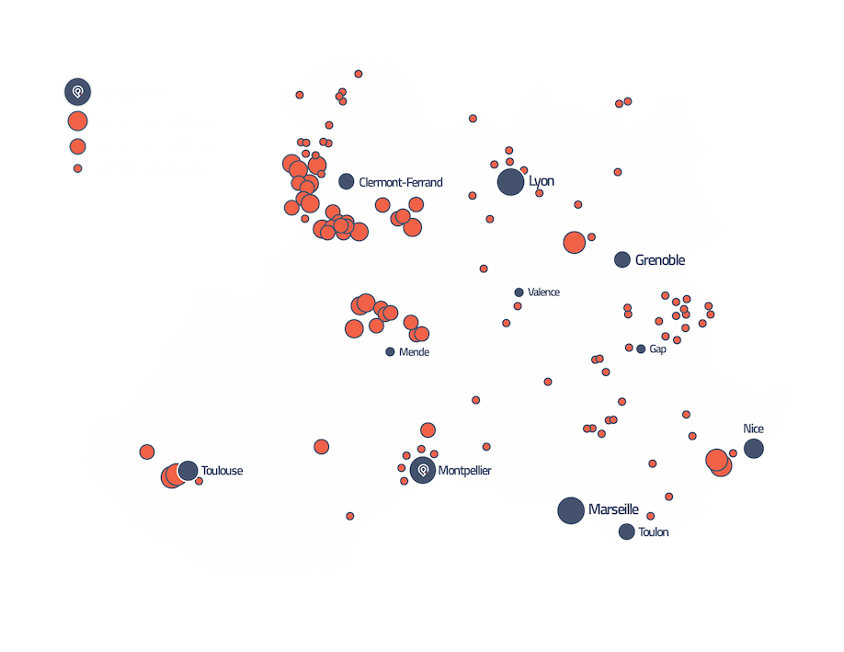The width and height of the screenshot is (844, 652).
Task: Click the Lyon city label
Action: (542, 181)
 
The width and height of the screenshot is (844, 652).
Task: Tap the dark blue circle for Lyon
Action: (510, 182)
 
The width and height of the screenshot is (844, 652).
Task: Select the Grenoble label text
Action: (660, 260)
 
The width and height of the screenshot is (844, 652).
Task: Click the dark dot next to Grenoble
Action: (622, 259)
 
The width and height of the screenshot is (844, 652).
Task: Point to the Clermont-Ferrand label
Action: (401, 182)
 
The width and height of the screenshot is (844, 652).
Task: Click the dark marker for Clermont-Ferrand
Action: (347, 182)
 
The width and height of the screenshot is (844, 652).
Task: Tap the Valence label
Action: (543, 292)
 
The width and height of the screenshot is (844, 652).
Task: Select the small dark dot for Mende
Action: (390, 352)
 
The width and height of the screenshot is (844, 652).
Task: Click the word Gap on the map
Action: (657, 349)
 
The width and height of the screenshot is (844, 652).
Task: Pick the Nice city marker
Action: (754, 449)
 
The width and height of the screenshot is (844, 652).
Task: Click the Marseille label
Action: (614, 509)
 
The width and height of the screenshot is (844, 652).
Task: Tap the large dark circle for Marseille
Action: (571, 510)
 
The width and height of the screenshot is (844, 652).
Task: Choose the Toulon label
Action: (654, 532)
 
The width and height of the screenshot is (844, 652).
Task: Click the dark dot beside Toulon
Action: (627, 532)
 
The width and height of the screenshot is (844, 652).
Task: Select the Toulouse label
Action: (222, 471)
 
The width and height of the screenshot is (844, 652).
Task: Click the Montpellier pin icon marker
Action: (423, 470)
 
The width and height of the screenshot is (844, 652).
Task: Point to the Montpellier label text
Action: (465, 471)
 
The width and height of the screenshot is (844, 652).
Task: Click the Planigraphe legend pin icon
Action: (77, 92)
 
